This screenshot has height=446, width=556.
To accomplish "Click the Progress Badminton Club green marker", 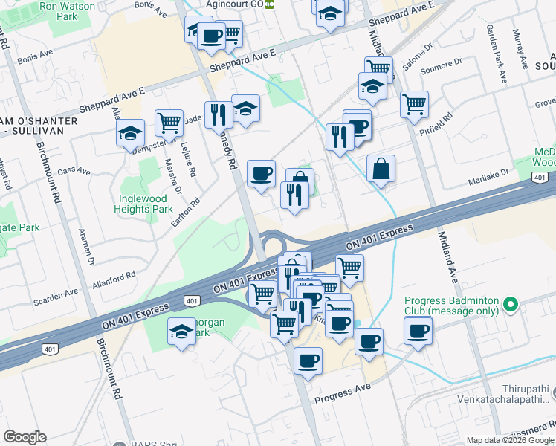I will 510,304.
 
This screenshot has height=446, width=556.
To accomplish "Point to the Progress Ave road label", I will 342,395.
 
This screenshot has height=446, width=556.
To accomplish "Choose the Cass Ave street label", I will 74,172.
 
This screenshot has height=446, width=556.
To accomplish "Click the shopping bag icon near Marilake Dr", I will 381,168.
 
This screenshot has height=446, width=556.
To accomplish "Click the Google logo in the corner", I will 25,437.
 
